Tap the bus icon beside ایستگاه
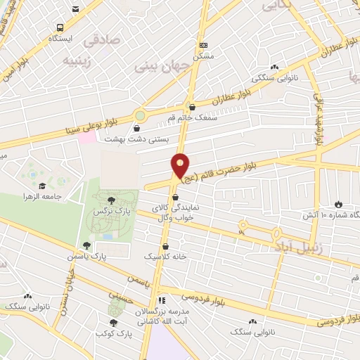(x=60, y=27)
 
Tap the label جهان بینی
(x=157, y=67)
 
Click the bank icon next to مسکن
(x=204, y=44)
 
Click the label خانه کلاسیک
(x=165, y=257)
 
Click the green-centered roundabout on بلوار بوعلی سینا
(x=140, y=115)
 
